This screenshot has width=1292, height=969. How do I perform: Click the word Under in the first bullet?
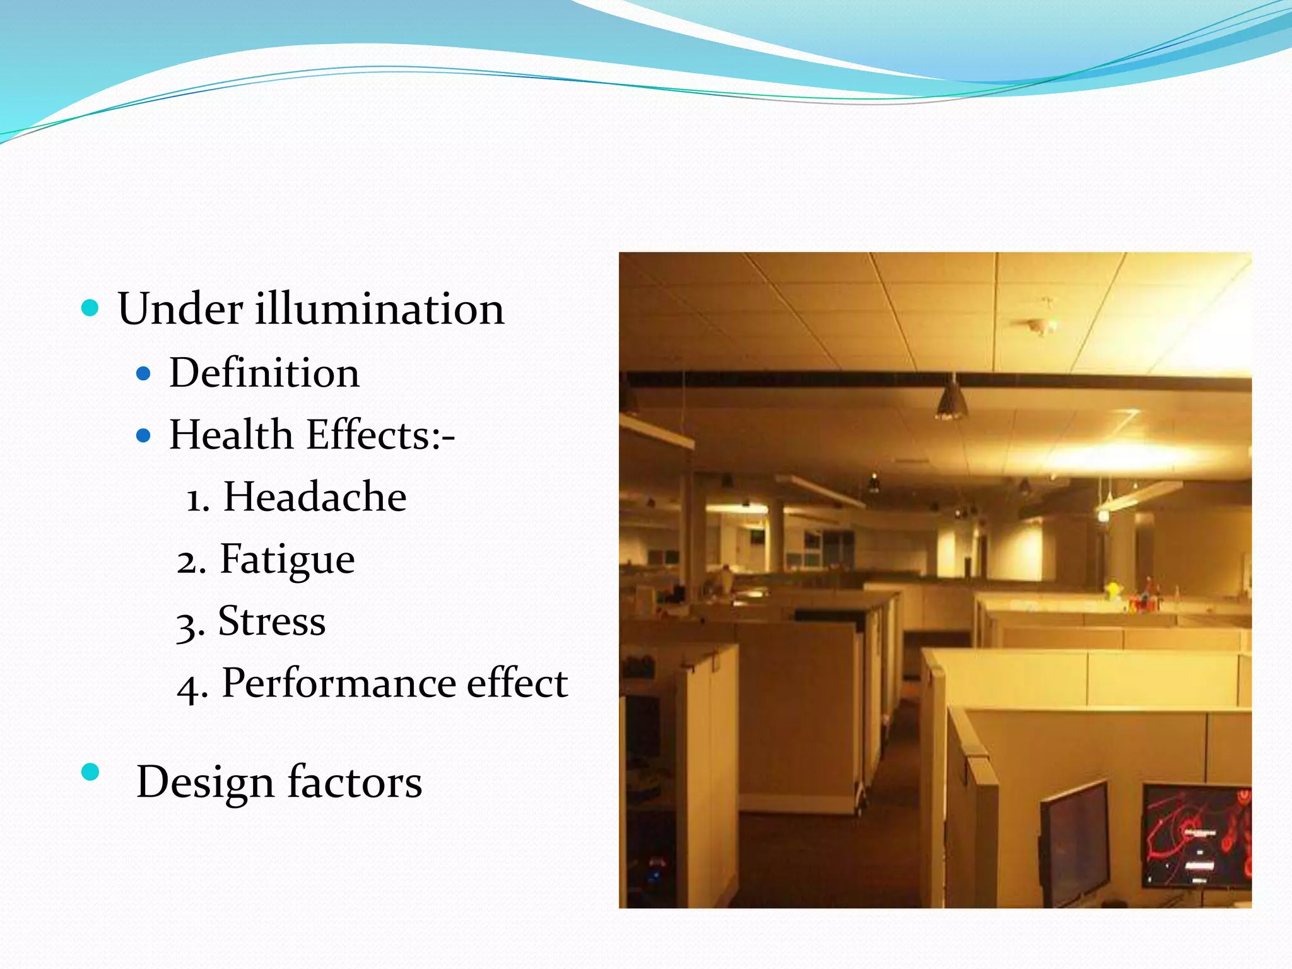point(180,309)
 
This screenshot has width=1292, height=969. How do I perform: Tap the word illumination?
point(379,309)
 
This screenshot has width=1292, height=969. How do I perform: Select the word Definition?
point(264,373)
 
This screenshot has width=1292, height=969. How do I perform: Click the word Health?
point(231,435)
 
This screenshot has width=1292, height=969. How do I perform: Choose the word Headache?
point(315,496)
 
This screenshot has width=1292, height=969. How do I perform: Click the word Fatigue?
point(287,560)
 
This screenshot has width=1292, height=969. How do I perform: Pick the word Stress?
point(271,621)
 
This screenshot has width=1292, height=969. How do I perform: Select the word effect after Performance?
point(517,683)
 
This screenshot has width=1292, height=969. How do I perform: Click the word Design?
point(205,782)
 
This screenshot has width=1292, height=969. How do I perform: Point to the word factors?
point(355,782)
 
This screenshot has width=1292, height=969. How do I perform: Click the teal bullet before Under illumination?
point(91,308)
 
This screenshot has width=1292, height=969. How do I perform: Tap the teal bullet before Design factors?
point(91,772)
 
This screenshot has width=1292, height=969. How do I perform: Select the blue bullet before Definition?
point(144,374)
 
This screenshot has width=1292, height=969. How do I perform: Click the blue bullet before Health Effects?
point(144,435)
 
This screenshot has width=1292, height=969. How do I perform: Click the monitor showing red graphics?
point(1196,836)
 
